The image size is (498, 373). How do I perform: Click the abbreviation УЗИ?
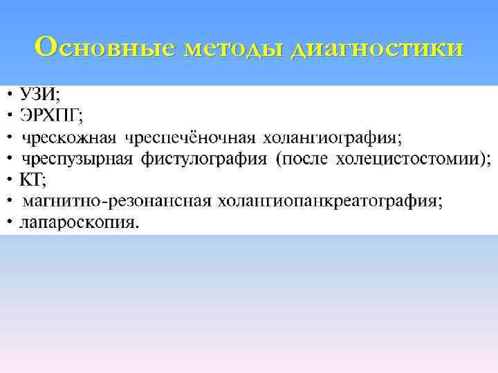(39, 93)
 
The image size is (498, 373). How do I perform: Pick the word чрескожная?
(70, 137)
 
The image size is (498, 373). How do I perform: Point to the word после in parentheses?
(305, 159)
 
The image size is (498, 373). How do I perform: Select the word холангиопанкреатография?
(329, 202)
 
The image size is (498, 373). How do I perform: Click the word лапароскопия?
(80, 223)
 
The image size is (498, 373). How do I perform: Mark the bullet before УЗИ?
(10, 93)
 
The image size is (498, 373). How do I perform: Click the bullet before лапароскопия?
(10, 222)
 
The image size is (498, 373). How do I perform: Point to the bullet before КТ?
(10, 180)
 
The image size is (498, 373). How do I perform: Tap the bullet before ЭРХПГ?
(10, 115)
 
